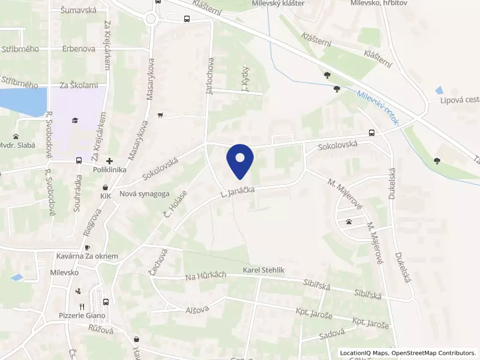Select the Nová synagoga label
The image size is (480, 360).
144,193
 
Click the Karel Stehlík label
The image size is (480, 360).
263,271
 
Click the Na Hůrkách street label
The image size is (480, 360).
205,275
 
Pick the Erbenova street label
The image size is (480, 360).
78,49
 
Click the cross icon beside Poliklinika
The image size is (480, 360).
109,161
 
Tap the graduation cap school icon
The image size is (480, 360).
75,120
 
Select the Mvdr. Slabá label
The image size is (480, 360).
18,145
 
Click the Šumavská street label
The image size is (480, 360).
78,10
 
